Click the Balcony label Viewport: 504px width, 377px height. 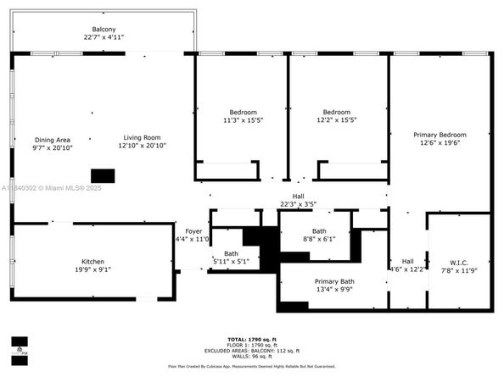click(x=104, y=30)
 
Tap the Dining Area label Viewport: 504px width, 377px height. click(x=53, y=140)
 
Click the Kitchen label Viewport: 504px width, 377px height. click(x=92, y=262)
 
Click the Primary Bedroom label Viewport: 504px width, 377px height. click(x=440, y=135)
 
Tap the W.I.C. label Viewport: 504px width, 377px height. click(x=459, y=262)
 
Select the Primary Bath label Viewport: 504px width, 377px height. click(x=334, y=281)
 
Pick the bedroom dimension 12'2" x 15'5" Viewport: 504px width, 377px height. click(x=336, y=120)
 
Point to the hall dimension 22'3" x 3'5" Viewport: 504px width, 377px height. click(x=298, y=204)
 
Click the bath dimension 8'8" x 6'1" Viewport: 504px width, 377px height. click(x=319, y=239)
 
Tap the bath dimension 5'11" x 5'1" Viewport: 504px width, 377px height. click(x=230, y=262)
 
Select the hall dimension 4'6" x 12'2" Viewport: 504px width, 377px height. click(x=407, y=269)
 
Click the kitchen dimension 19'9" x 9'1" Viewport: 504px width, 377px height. click(x=92, y=270)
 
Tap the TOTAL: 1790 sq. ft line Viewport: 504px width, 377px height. click(x=252, y=339)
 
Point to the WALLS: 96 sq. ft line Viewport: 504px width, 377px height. click(x=252, y=357)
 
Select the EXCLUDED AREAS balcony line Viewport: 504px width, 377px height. click(x=252, y=351)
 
